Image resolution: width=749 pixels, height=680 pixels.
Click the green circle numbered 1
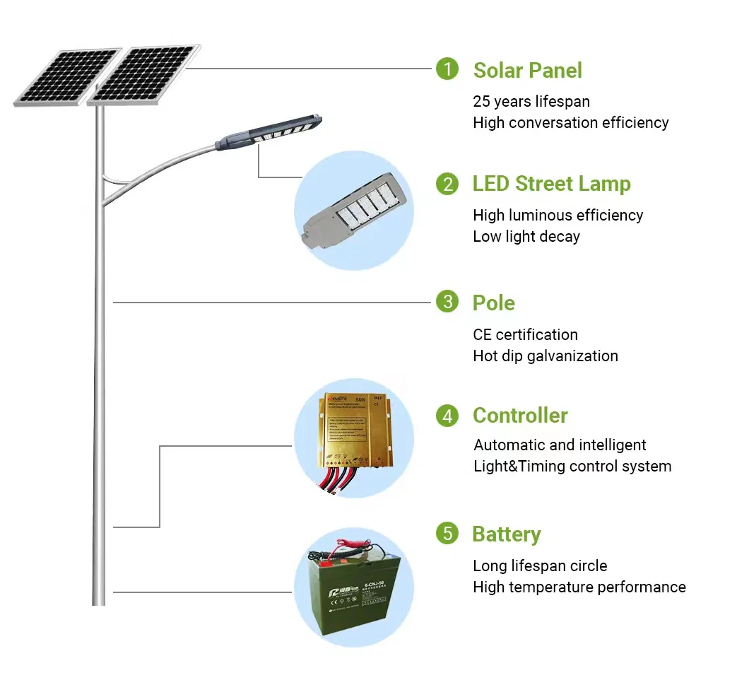447,69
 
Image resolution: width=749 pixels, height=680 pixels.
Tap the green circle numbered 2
447,184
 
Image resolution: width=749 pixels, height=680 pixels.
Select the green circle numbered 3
447,303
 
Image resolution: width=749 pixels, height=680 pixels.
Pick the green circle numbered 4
447,416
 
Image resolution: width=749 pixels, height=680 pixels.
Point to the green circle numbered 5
447,533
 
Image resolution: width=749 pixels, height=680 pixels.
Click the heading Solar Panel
527,70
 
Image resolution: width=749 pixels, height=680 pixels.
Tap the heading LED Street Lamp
551,184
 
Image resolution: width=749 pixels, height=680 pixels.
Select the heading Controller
519,416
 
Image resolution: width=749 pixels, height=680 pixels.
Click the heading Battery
506,534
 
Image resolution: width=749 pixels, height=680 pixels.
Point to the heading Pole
493,303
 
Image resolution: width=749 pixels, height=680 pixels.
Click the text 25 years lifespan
531,102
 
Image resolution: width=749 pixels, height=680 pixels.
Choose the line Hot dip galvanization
545,356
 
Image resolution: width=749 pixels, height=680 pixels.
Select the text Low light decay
526,237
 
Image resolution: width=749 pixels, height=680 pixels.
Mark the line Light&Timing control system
572,467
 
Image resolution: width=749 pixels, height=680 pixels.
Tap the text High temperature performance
579,587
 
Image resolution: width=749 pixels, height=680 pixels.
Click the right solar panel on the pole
144,74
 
